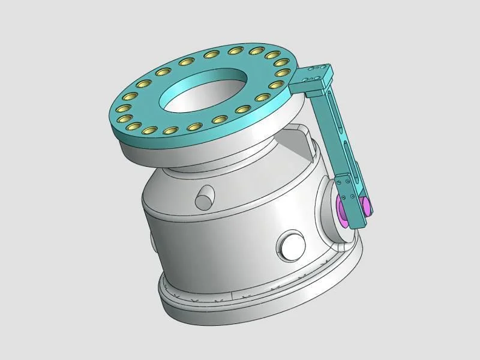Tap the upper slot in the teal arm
(x=336, y=116)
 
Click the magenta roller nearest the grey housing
(x=344, y=211)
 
